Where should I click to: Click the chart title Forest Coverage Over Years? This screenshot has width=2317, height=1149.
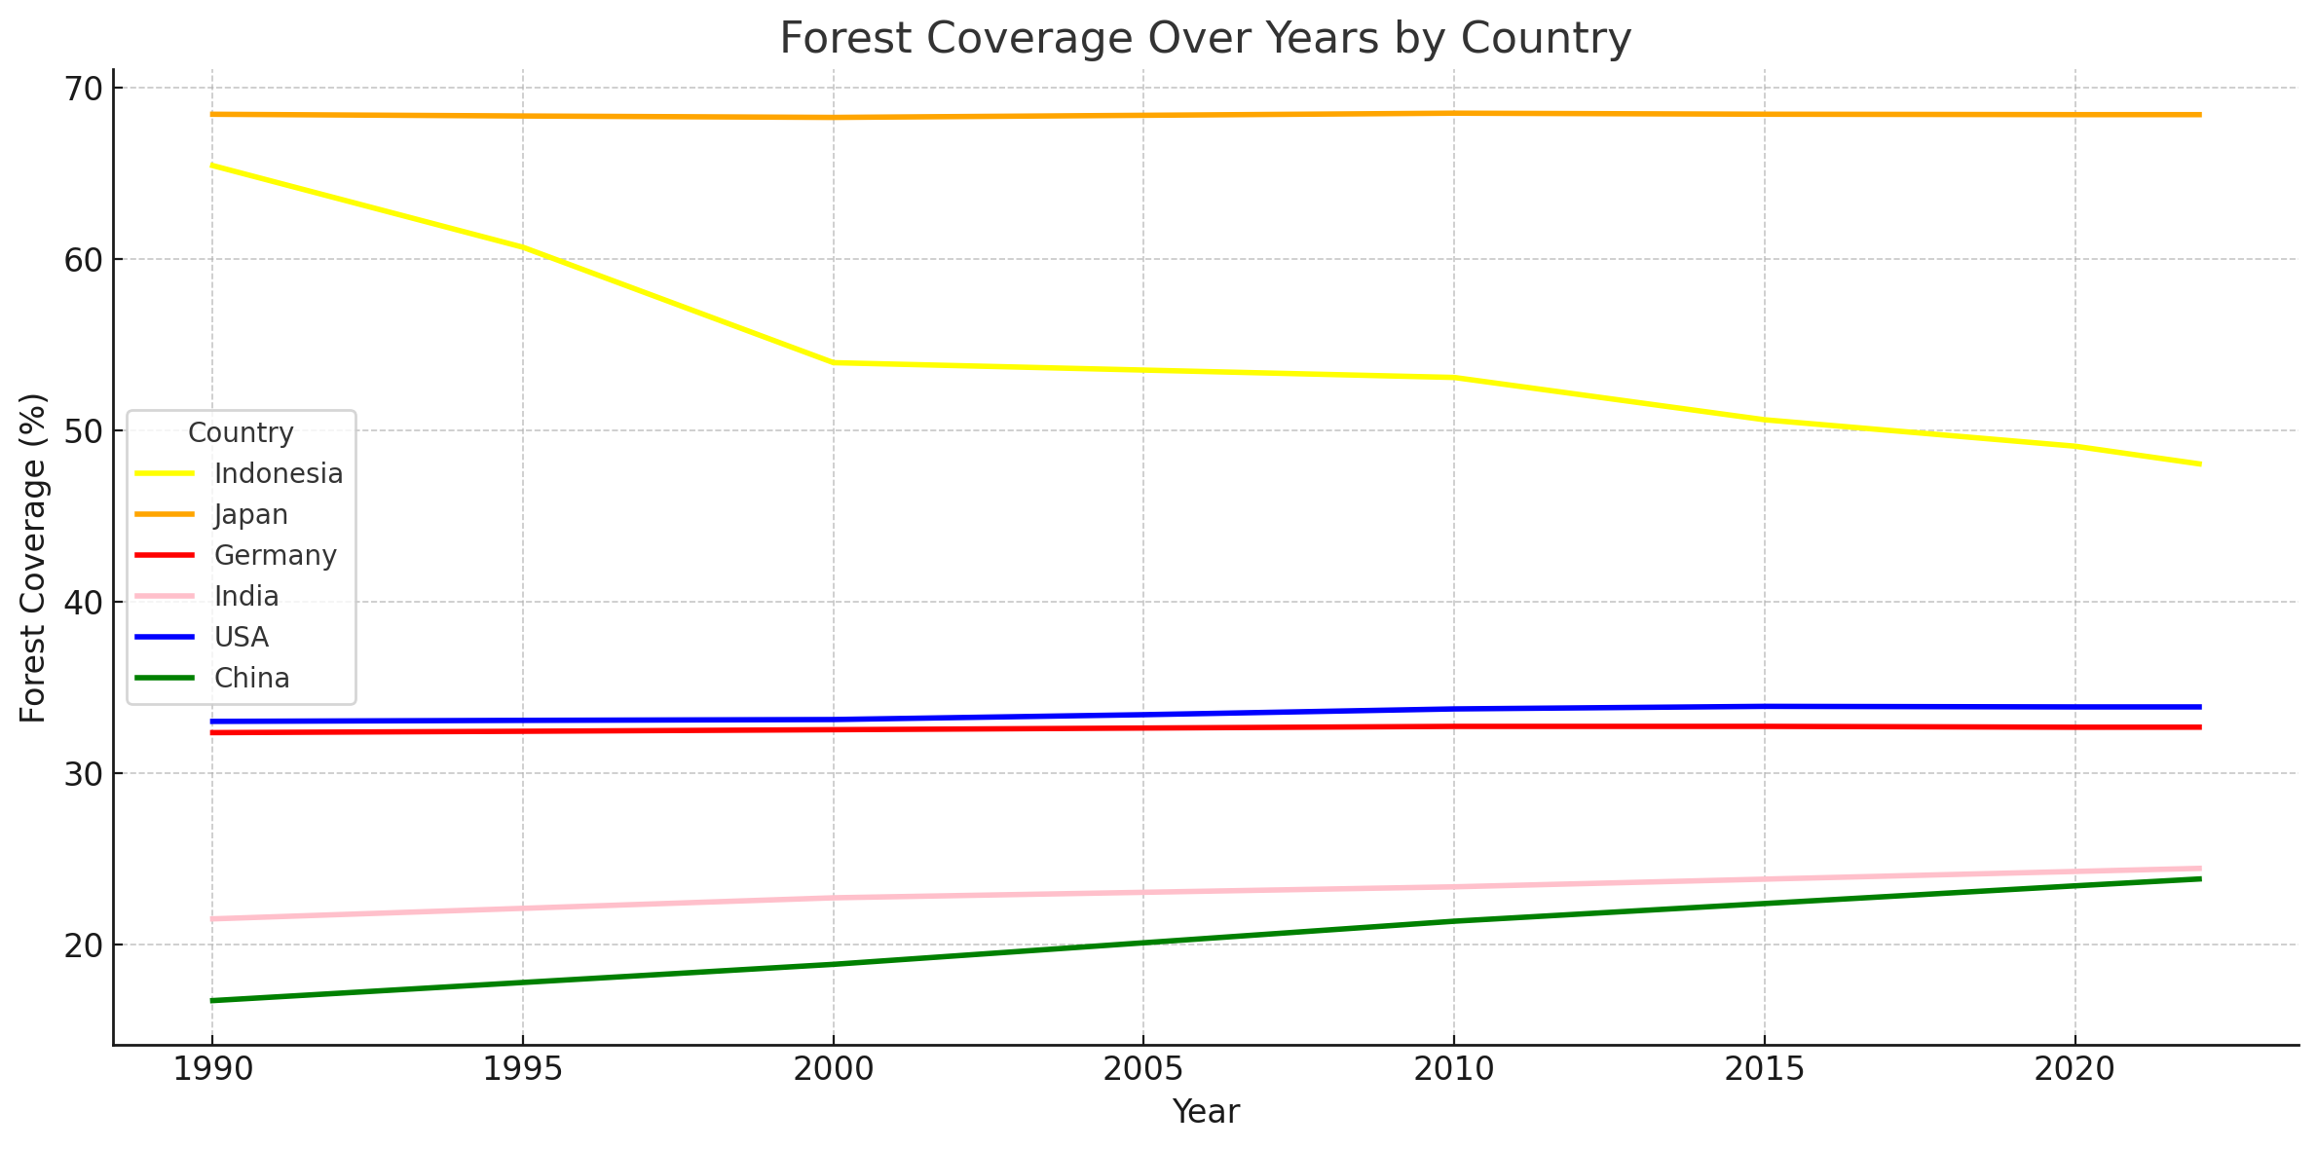(x=1205, y=39)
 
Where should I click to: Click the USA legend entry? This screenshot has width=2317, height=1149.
(x=241, y=637)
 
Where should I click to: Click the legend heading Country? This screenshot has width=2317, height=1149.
(x=241, y=432)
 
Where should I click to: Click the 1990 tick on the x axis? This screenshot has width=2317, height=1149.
(x=212, y=1070)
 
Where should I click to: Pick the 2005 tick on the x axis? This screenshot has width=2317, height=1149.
(x=1143, y=1070)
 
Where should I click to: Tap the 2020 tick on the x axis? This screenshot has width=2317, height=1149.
(x=2074, y=1070)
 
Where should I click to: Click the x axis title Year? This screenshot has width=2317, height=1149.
(x=1205, y=1112)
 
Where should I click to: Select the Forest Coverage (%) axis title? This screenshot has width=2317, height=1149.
(x=33, y=557)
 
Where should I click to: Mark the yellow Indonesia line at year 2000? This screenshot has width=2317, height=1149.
(x=833, y=362)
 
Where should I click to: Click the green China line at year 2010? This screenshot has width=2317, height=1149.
(x=1454, y=920)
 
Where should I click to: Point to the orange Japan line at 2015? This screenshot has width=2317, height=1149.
(x=1764, y=114)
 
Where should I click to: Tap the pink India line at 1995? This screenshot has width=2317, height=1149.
(x=523, y=908)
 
